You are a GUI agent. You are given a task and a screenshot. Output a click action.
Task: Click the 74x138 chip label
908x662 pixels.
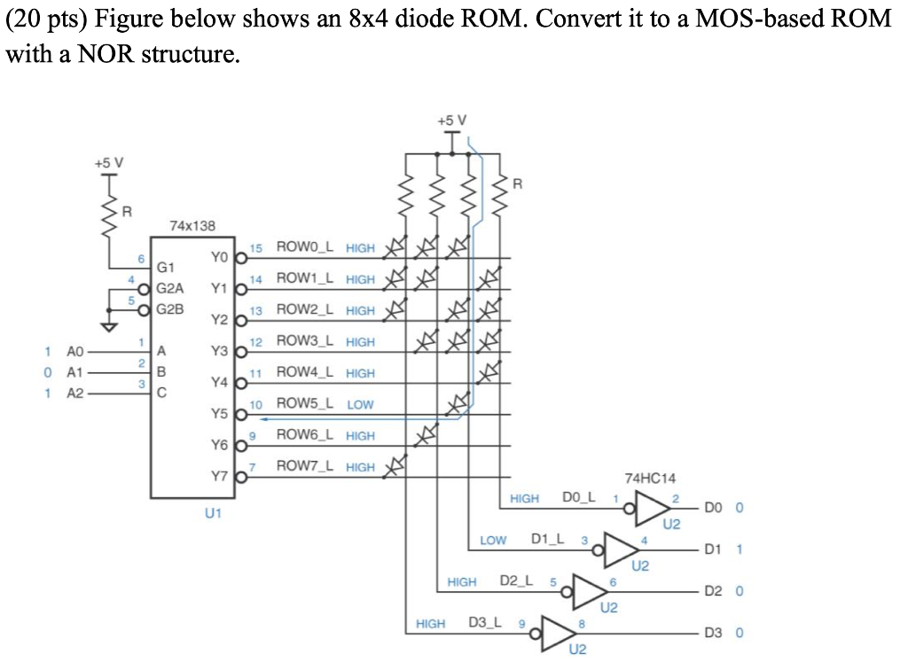click(192, 226)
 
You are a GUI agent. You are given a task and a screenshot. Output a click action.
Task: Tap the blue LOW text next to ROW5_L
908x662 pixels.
click(360, 405)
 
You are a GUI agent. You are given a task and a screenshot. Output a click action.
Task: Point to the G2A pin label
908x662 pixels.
click(170, 288)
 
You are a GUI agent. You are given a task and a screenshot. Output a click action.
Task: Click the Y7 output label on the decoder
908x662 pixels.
click(219, 476)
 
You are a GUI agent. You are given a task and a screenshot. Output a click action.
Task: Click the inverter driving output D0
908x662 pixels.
click(652, 510)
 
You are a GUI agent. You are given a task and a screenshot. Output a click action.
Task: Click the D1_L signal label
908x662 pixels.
click(550, 540)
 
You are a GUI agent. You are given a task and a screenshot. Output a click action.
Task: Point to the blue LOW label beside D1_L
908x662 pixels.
click(493, 540)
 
